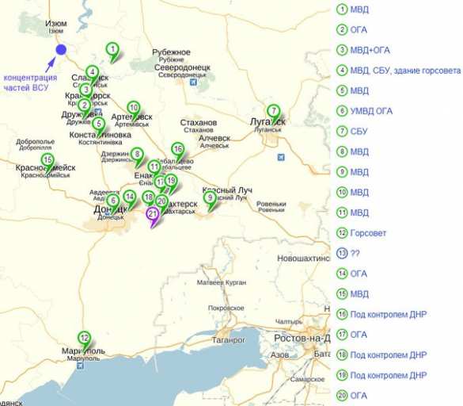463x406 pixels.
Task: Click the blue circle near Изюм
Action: pos(61,50)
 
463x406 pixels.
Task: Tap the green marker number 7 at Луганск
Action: pos(273,111)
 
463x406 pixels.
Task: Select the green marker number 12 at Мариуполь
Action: pos(84,337)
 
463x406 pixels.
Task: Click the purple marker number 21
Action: pos(152,213)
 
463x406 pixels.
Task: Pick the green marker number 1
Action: pos(112,49)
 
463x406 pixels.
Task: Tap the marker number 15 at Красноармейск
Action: pos(47,160)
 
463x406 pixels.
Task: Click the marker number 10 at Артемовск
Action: pos(133,108)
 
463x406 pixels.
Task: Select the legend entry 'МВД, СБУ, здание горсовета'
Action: pos(404,71)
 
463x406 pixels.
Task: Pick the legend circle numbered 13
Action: pos(342,253)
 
